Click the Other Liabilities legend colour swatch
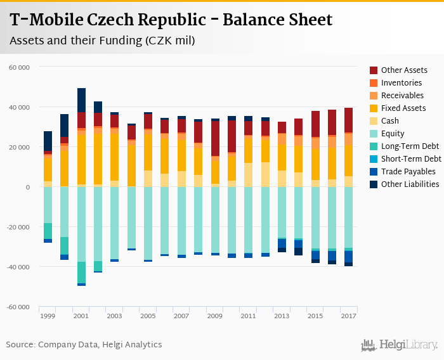click(x=374, y=184)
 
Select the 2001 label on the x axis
click(x=81, y=316)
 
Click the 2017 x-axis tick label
click(x=348, y=316)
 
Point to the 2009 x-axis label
click(x=214, y=316)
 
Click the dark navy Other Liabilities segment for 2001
click(x=81, y=100)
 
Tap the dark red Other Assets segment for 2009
click(x=215, y=138)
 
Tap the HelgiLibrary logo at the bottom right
click(x=400, y=345)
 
